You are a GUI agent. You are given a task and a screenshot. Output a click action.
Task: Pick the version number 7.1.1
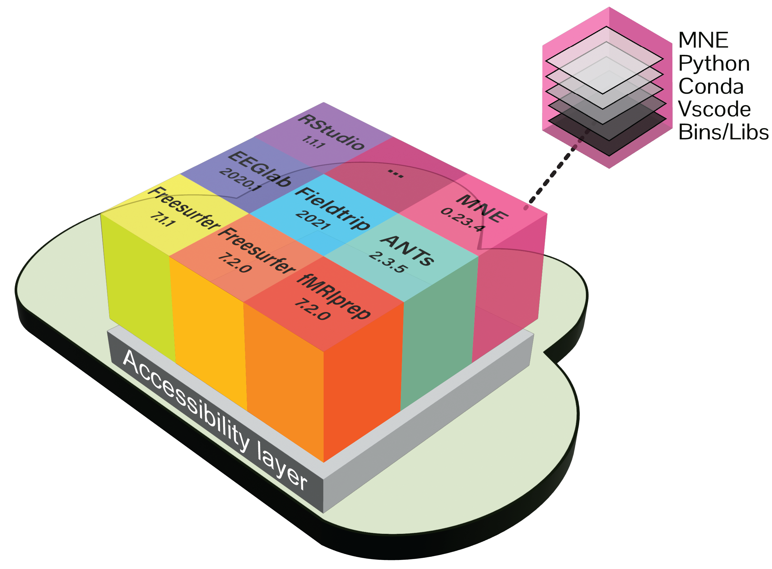163,219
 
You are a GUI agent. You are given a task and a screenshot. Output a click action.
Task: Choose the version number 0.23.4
462,219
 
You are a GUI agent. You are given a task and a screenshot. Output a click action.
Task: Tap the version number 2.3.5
388,262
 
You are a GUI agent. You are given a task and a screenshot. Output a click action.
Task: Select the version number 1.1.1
313,141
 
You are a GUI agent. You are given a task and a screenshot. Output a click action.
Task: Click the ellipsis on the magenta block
395,173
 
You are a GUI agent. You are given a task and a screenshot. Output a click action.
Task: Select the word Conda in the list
710,86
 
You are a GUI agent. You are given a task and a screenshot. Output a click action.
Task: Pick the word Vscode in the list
714,109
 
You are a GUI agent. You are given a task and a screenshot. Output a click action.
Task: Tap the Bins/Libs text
723,132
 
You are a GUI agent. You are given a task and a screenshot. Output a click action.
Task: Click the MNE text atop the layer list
703,40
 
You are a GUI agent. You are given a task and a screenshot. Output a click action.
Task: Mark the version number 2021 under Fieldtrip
313,220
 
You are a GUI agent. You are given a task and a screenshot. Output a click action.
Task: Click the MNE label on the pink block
482,208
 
